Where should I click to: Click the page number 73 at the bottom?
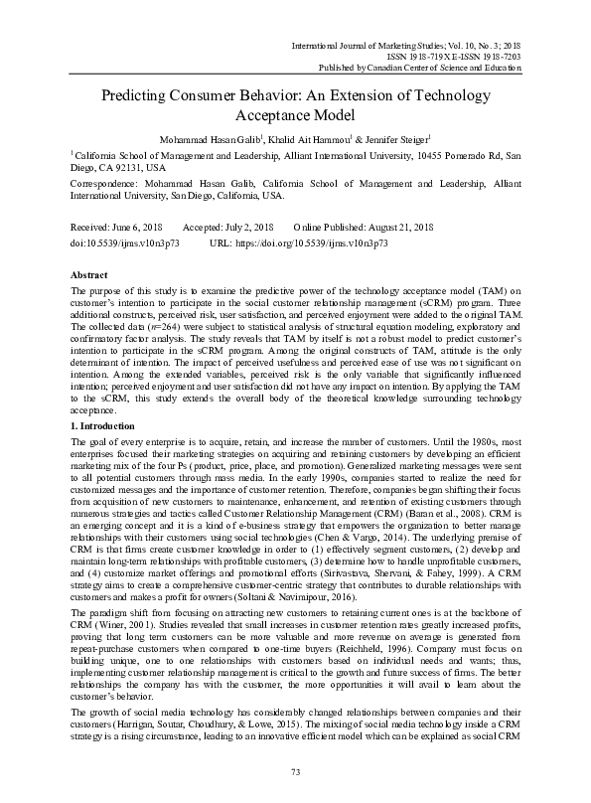pos(295,772)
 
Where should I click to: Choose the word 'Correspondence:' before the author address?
pos(104,183)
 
